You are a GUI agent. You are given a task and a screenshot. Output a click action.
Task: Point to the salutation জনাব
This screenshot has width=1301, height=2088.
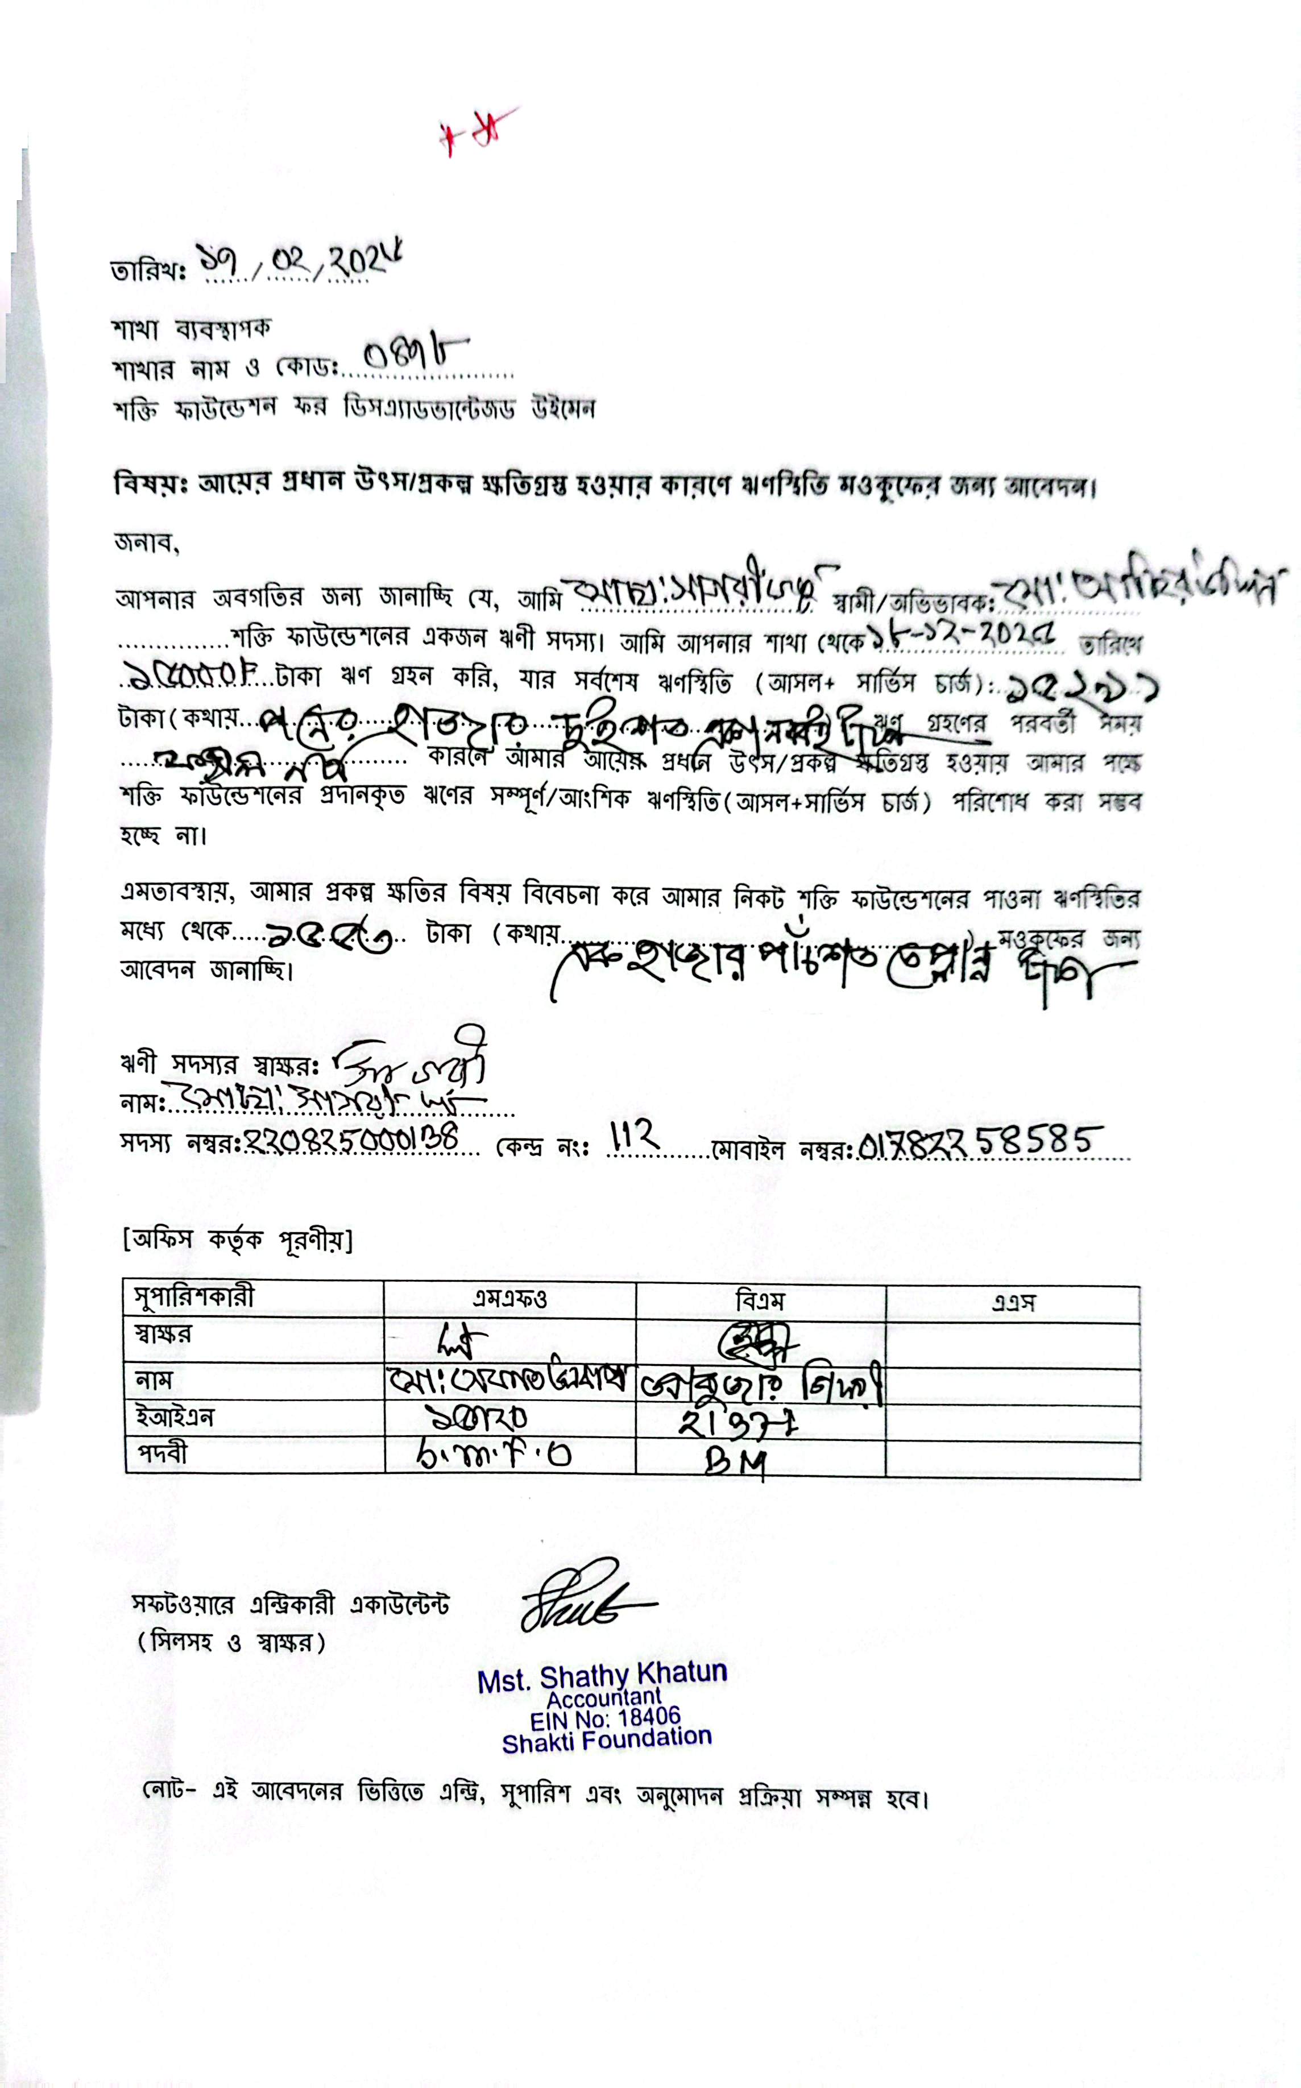(146, 544)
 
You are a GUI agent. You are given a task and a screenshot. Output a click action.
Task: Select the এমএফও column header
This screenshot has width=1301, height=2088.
(509, 1298)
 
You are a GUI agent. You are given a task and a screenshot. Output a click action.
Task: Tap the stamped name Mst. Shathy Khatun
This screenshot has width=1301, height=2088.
(602, 1677)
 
